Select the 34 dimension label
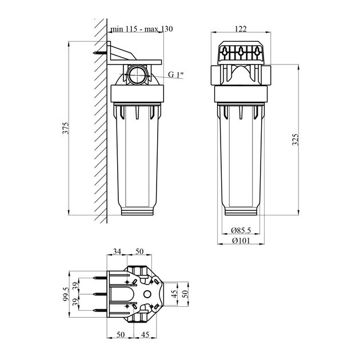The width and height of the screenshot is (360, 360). click(x=117, y=251)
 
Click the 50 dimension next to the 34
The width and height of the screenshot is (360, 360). click(x=138, y=251)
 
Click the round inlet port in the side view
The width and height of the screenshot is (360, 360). click(x=137, y=75)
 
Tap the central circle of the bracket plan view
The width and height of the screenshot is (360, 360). click(x=146, y=294)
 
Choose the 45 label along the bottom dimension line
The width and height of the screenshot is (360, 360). click(x=146, y=335)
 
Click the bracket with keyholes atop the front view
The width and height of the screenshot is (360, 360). click(x=241, y=55)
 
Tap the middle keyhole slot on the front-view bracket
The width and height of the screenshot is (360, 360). click(x=241, y=54)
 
